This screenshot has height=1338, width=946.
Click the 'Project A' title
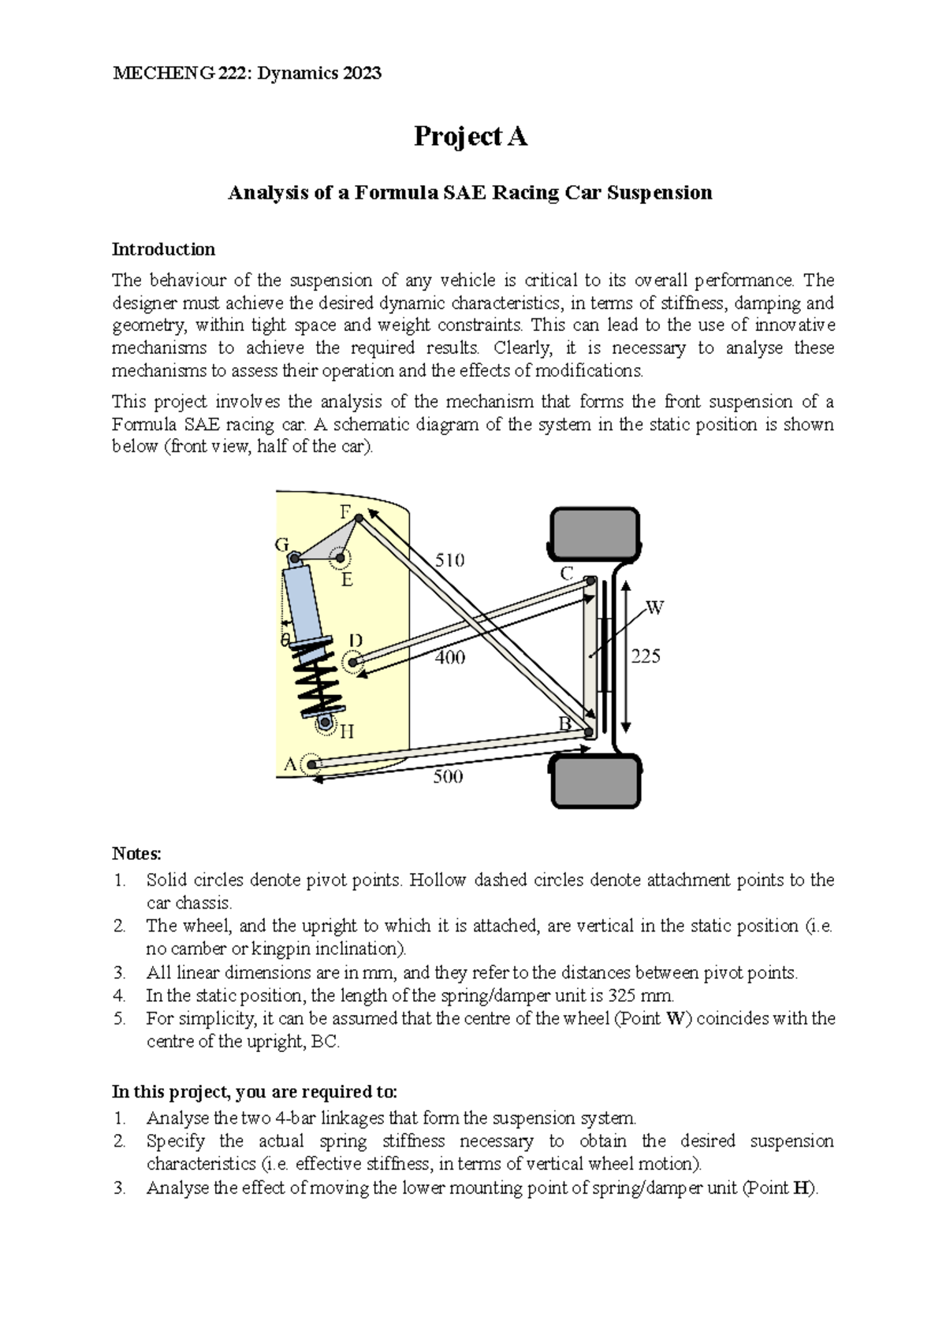coord(471,137)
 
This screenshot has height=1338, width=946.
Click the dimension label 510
coord(449,560)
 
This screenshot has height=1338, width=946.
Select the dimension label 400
coord(450,657)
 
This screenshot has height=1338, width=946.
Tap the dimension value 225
coord(645,656)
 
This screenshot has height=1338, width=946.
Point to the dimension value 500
coord(448,777)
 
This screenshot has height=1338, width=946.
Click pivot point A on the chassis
coord(311,764)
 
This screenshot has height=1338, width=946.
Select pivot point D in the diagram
coord(354,662)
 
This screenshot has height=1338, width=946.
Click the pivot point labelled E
coord(341,559)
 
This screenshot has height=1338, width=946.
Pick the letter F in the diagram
coord(345,511)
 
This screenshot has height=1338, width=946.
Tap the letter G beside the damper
coord(281,544)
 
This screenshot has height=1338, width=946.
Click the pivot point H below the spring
coord(324,722)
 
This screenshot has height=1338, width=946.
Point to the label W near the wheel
coord(655,608)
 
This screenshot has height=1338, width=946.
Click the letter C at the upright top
coord(566,574)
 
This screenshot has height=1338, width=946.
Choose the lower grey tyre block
coord(594,780)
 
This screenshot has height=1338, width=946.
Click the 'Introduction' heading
coord(163,250)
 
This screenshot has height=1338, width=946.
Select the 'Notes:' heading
coord(136,853)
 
